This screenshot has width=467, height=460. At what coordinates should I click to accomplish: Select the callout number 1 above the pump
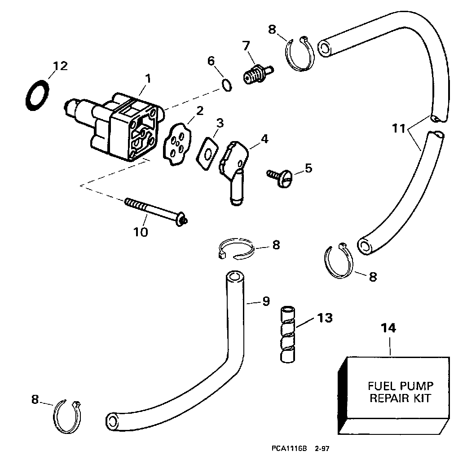coord(148,79)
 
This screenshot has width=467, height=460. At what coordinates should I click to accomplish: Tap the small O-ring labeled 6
coord(227,85)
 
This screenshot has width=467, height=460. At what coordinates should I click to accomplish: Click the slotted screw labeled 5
coord(280,177)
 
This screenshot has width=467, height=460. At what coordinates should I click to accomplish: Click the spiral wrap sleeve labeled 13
coord(288,334)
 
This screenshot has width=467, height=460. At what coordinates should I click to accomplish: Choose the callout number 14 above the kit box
coord(389,328)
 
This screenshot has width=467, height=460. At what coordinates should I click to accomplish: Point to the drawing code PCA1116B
coord(289,448)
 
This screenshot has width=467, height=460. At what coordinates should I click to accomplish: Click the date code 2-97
coord(322,448)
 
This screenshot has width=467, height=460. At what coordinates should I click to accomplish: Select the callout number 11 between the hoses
coord(399,129)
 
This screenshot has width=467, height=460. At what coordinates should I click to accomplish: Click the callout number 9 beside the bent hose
coord(266,301)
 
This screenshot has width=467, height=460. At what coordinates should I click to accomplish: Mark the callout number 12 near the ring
coord(60,66)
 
